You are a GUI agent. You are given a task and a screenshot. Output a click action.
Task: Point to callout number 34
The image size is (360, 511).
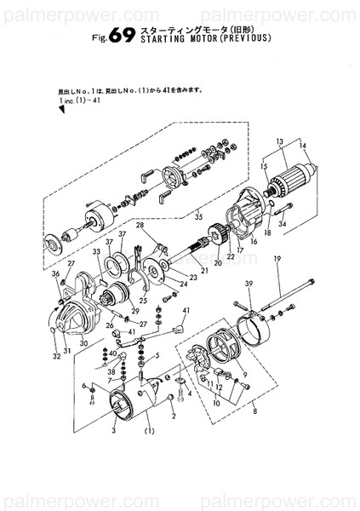click(283, 224)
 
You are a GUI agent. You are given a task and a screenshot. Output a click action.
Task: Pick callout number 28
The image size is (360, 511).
click(140, 225)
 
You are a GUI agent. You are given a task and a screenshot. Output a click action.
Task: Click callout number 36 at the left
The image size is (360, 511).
click(54, 274)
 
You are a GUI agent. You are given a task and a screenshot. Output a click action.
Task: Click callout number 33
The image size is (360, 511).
click(97, 252)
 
